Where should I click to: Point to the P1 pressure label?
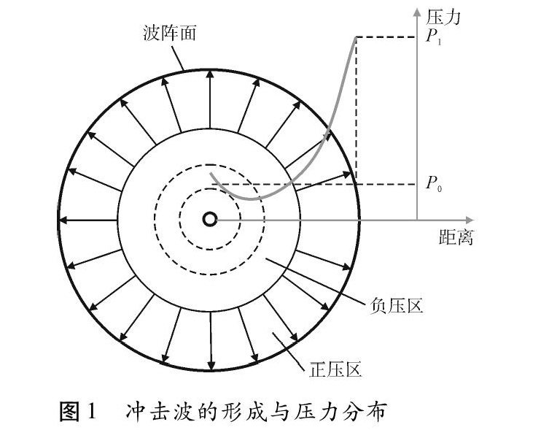tap(435, 37)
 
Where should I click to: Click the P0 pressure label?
tap(435, 184)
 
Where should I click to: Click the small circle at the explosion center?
tap(210, 218)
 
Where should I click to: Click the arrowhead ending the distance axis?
tap(478, 218)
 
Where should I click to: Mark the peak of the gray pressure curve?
tap(354, 38)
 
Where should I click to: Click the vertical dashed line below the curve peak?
tap(355, 110)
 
